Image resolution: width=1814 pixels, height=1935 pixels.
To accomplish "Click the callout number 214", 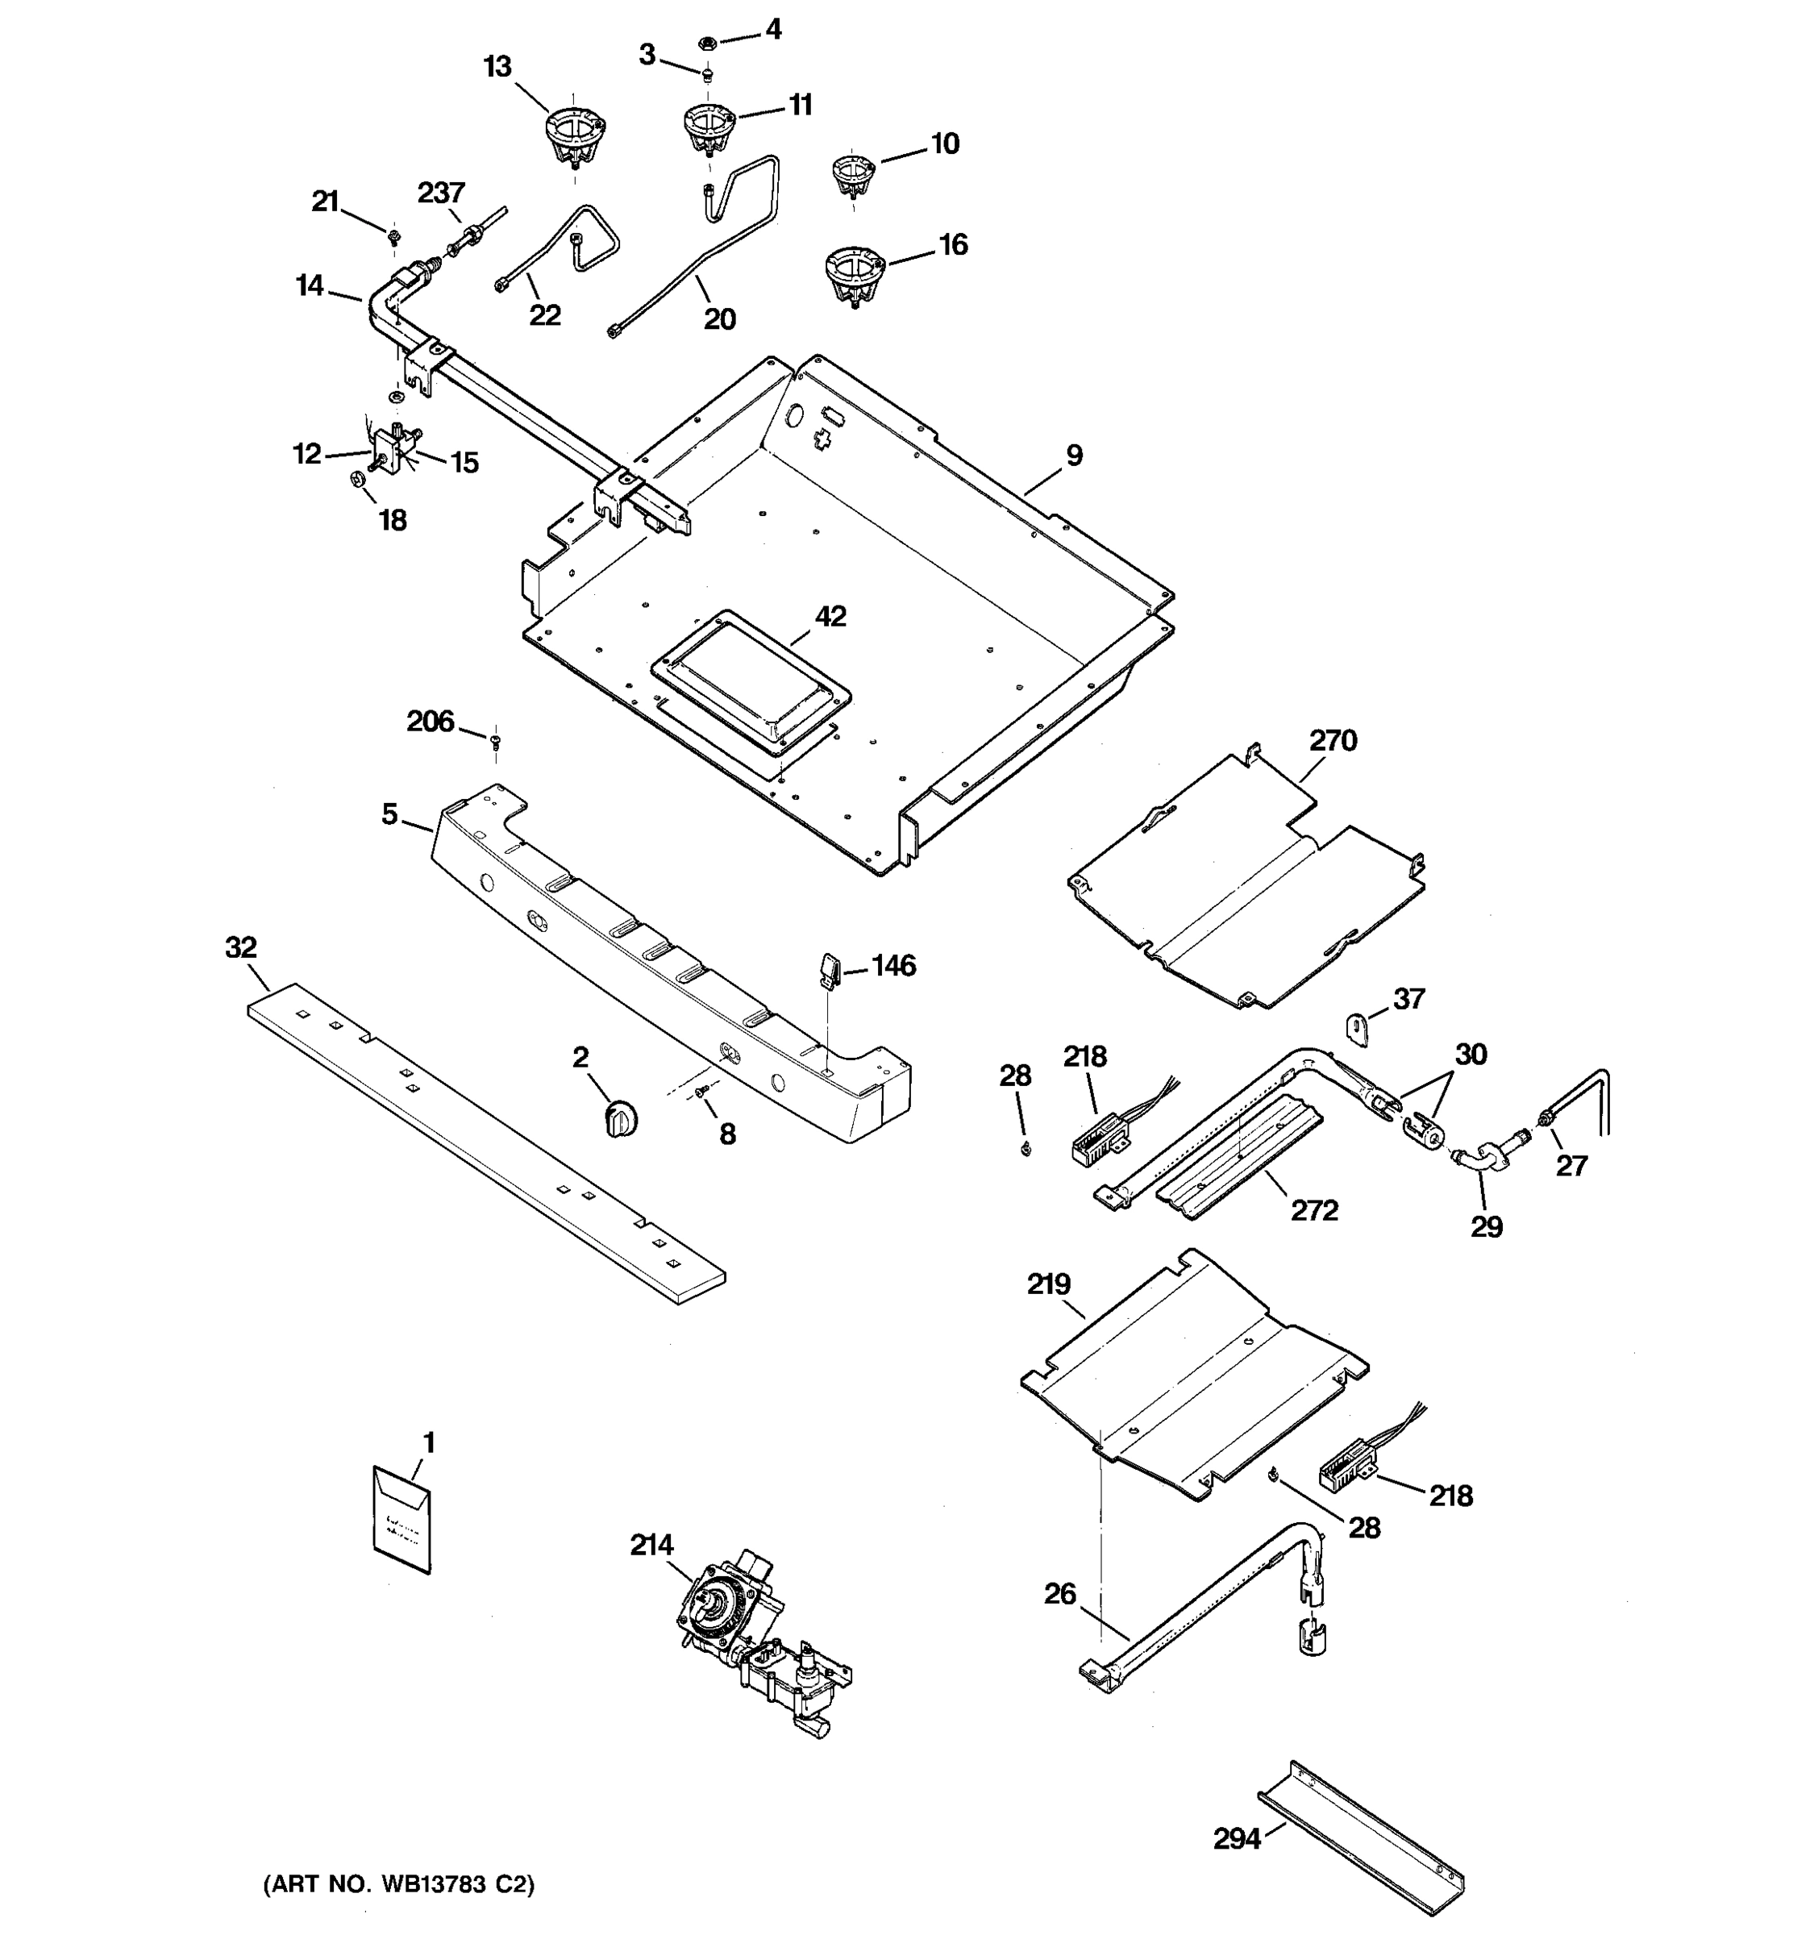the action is click(651, 1545).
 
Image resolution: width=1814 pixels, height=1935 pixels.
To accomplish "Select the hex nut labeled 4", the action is click(708, 42).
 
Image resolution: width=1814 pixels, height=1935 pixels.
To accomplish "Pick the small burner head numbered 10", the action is click(854, 175).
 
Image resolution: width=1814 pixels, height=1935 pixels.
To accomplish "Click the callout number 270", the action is click(1332, 741).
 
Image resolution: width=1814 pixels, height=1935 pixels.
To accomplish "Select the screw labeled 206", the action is click(495, 743).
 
